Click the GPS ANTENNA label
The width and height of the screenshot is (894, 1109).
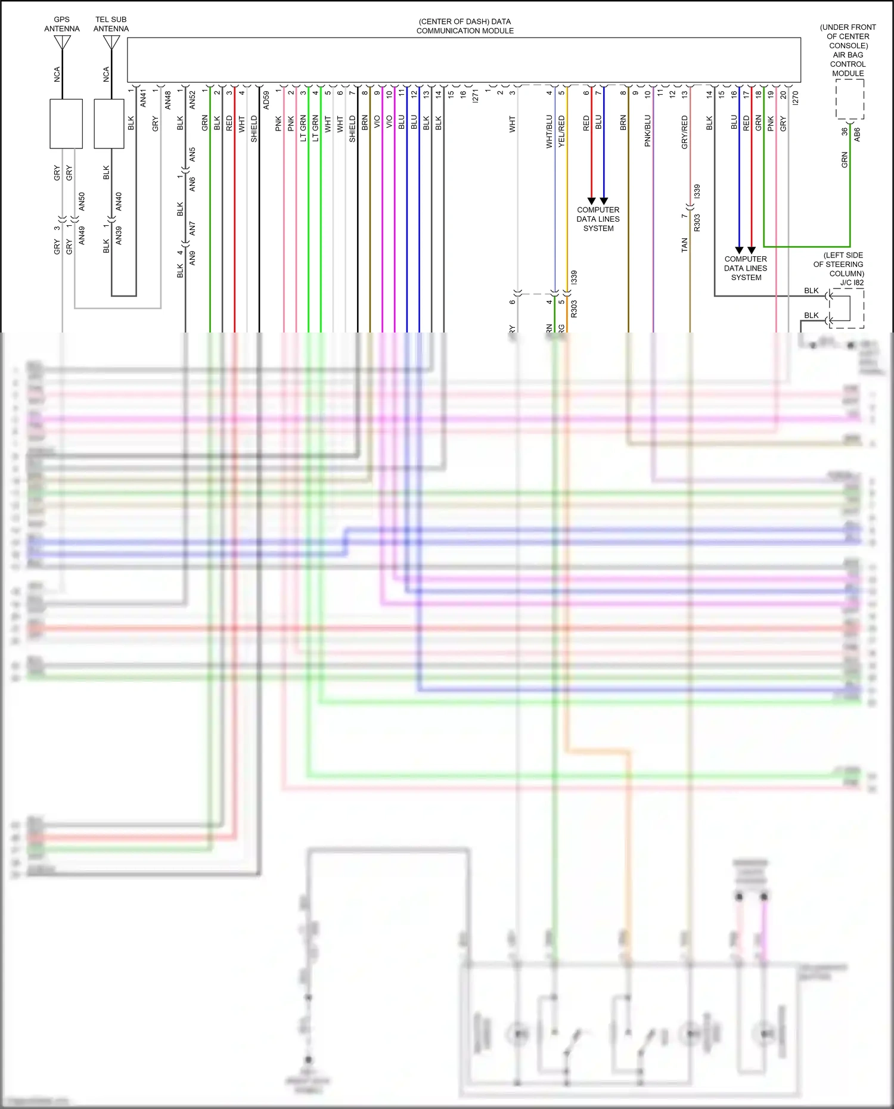(61, 24)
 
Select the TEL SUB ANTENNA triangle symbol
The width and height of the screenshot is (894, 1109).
(111, 42)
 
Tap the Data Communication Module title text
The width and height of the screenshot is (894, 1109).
(465, 26)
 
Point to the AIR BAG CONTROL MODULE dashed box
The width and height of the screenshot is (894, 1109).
(849, 99)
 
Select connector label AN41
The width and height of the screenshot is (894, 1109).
(143, 98)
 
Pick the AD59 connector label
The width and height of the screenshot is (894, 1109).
(266, 100)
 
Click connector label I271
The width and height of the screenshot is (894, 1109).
(475, 96)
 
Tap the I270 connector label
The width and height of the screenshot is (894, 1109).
(795, 98)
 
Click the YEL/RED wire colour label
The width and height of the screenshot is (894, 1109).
(561, 132)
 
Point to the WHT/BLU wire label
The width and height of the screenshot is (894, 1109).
(549, 132)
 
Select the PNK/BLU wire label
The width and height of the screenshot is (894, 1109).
(647, 131)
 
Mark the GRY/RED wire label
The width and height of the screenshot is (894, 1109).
(684, 132)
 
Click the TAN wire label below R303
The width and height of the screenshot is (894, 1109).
(684, 245)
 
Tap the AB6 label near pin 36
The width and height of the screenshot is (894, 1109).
(857, 134)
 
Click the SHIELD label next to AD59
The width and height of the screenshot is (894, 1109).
(254, 129)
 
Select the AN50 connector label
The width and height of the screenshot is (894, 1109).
(82, 201)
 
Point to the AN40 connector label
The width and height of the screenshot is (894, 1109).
(119, 201)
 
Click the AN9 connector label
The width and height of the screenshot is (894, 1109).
(192, 258)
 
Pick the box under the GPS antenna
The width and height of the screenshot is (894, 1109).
(66, 124)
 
